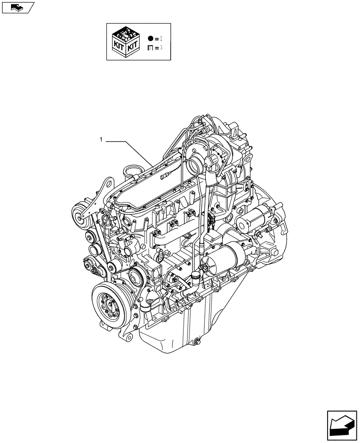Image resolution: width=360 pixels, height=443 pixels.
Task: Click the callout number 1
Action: point(101,140)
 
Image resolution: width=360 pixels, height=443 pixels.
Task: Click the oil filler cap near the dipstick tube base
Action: point(194,278)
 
